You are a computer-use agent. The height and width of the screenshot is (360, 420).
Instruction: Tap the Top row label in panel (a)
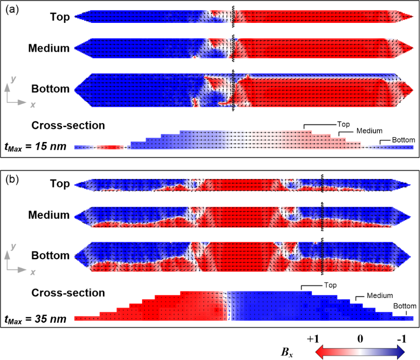60,17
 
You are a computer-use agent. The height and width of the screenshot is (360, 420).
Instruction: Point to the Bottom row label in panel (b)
50,256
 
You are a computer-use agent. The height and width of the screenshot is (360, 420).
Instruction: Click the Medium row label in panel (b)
49,215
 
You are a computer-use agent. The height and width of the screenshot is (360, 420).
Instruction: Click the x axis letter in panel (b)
32,273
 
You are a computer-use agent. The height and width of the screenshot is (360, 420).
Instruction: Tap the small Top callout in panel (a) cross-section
342,123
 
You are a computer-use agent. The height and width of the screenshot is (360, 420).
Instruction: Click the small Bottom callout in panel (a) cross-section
403,140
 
